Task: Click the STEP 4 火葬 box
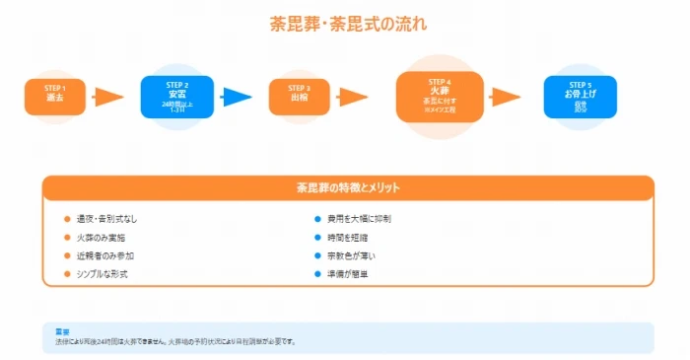pos(440,96)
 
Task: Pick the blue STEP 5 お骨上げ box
pos(580,96)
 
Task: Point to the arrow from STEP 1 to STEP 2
pos(108,97)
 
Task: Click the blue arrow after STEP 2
pos(238,97)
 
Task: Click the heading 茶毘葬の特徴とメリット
pos(348,187)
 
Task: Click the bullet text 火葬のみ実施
pos(101,238)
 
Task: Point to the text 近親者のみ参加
pos(104,255)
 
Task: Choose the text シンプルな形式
pos(103,273)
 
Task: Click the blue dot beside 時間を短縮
pos(317,238)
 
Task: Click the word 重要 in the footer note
pos(62,332)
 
